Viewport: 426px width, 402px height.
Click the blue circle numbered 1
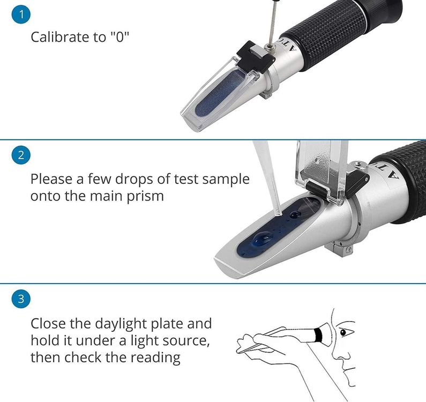21,14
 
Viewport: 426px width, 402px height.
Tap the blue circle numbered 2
21,155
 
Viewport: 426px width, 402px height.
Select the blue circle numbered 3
21,299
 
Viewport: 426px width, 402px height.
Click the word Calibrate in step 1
60,36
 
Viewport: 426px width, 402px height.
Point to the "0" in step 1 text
119,36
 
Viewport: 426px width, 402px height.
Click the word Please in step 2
51,179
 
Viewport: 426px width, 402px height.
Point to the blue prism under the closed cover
220,92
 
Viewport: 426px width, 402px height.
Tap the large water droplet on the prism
263,239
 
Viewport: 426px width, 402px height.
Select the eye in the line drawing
344,332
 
